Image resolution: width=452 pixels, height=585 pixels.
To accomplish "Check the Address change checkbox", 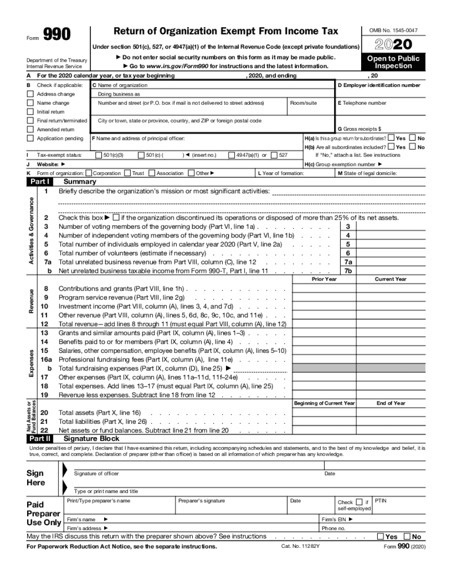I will tap(30, 94).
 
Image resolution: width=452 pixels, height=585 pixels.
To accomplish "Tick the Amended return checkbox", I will tap(30, 129).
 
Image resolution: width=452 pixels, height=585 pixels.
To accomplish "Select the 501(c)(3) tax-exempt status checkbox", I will tap(98, 155).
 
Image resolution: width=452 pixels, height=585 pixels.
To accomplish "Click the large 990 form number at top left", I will tap(57, 35).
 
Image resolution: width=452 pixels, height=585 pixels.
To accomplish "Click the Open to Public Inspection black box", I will tap(393, 62).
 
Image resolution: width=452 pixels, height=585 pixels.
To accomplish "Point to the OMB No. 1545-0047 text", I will tap(393, 30).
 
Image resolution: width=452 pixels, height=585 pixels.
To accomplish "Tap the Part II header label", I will tap(39, 439).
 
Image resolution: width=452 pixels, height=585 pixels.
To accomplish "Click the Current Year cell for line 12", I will tap(391, 324).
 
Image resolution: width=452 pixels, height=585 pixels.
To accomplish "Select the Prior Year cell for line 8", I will tap(324, 289).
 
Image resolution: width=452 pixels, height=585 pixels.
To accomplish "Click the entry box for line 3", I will tap(391, 227).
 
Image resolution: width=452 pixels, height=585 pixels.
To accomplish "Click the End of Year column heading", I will tap(391, 403).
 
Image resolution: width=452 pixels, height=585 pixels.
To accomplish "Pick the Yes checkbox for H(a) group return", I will tap(391, 138).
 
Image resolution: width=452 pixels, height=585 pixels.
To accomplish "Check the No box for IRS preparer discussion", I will tap(407, 536).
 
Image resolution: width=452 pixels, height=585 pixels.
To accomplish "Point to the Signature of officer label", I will tap(97, 474).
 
